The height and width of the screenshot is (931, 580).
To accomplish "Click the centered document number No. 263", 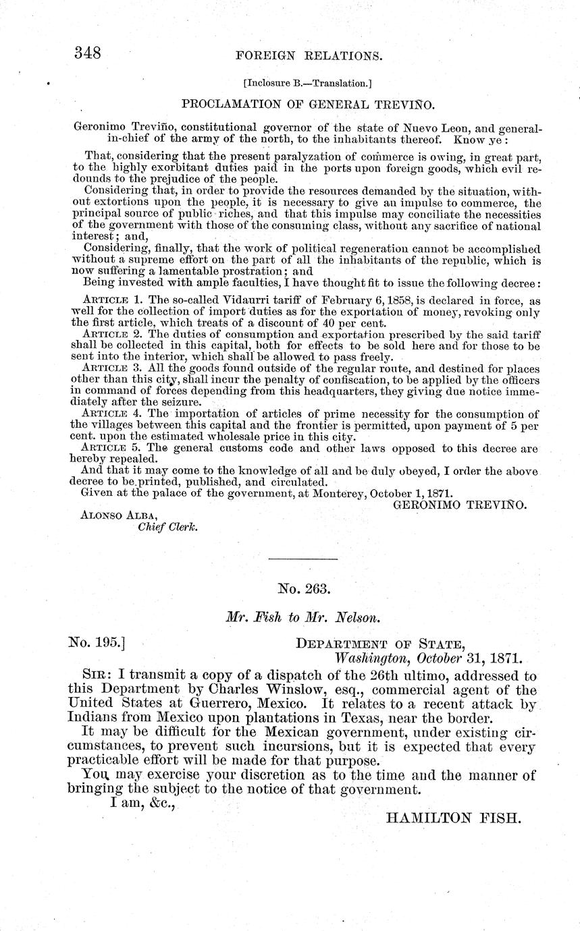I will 304,589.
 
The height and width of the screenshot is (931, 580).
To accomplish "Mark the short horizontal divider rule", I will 303,559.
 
